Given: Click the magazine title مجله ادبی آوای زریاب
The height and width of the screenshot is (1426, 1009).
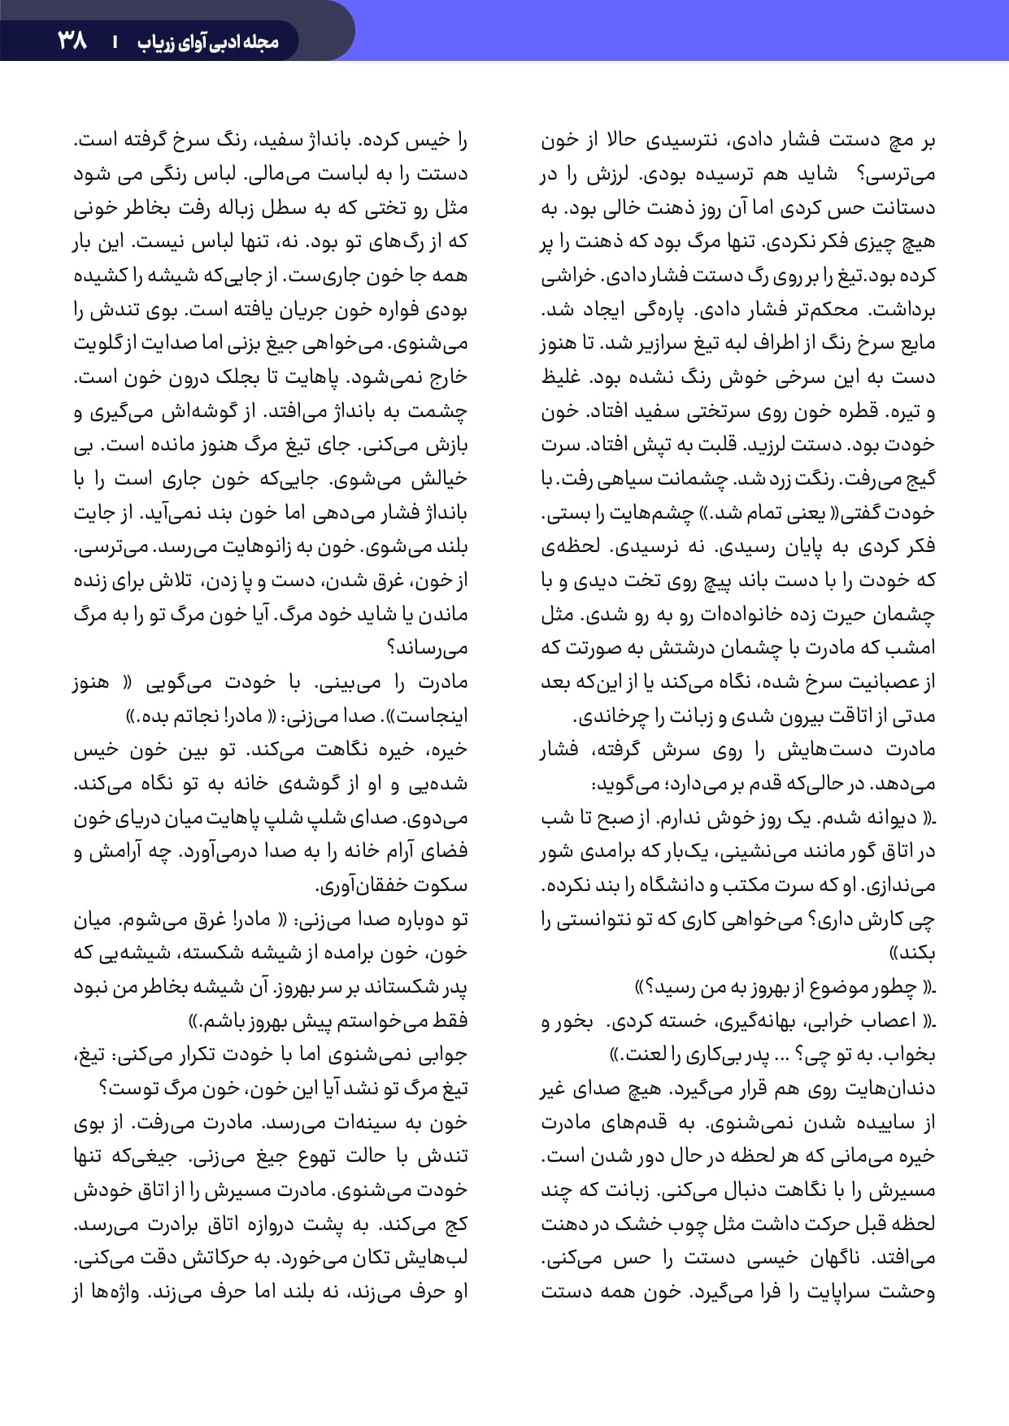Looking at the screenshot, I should [x=207, y=41].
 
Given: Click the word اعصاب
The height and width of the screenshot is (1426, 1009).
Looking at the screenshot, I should [x=887, y=1021].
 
